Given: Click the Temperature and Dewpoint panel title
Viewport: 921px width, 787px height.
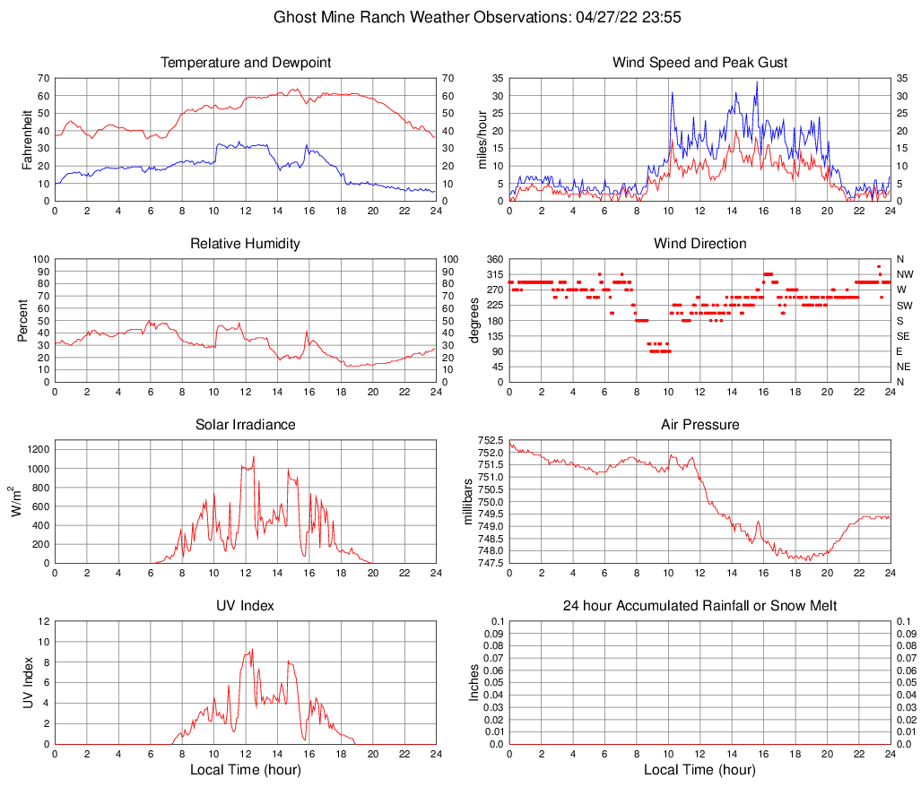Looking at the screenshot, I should [x=245, y=63].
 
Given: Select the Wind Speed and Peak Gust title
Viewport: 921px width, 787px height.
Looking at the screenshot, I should [x=699, y=63].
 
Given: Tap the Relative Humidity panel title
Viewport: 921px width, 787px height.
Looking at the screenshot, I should [x=245, y=244].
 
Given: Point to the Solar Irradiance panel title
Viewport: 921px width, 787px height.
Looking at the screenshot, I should [x=245, y=424].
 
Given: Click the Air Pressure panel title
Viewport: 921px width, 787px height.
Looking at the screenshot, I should [x=699, y=424].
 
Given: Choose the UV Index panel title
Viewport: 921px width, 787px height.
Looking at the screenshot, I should [x=245, y=606].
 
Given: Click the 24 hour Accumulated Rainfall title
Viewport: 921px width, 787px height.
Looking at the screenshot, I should [x=699, y=606].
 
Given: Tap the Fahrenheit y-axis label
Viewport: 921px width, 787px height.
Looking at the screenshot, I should [x=27, y=139].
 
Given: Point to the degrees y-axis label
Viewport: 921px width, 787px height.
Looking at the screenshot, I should [x=474, y=320].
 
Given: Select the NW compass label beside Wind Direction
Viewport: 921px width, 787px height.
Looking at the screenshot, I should [x=905, y=274].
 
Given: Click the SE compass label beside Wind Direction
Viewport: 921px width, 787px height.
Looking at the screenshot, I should [x=904, y=336].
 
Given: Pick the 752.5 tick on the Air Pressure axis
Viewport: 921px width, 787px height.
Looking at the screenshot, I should [x=491, y=440].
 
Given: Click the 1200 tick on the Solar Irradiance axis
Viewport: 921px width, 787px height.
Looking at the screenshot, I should [x=39, y=445].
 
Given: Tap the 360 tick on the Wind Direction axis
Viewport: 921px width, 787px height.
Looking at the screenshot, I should [x=494, y=259].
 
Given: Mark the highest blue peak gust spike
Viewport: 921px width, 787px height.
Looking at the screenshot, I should [x=757, y=82].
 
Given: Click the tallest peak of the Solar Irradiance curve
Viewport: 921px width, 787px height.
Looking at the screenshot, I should [x=254, y=456].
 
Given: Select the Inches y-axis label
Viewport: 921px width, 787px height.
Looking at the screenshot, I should [x=474, y=682].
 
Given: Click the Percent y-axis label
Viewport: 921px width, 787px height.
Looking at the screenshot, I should [x=23, y=320].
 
